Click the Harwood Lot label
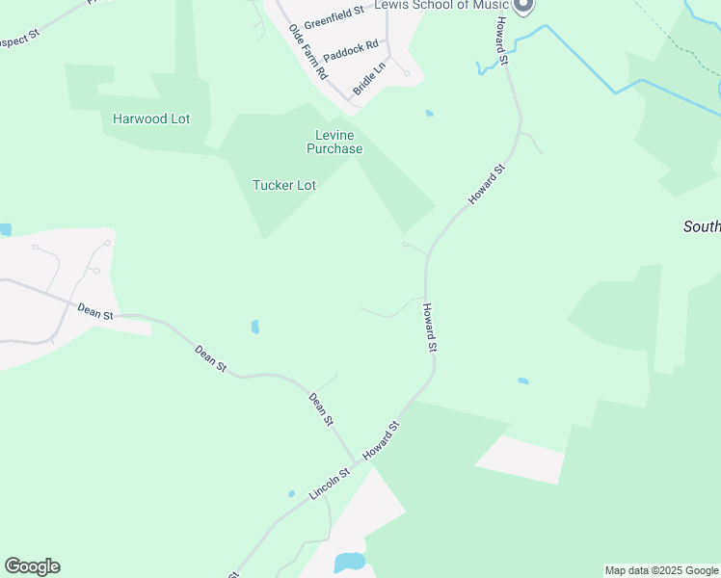tap(151, 119)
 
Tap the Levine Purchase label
tap(334, 142)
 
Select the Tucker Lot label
tap(283, 185)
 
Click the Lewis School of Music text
tap(449, 6)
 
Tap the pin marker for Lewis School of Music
tap(523, 6)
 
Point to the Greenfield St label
tap(333, 17)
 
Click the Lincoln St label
tap(328, 483)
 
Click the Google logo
tap(32, 566)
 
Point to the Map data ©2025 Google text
tap(661, 570)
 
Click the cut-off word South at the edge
tap(701, 226)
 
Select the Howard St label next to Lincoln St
tap(381, 439)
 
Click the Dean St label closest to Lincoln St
tap(321, 409)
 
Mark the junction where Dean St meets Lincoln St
tap(356, 463)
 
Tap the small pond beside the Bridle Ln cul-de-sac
tap(429, 114)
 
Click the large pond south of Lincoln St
tap(349, 562)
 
